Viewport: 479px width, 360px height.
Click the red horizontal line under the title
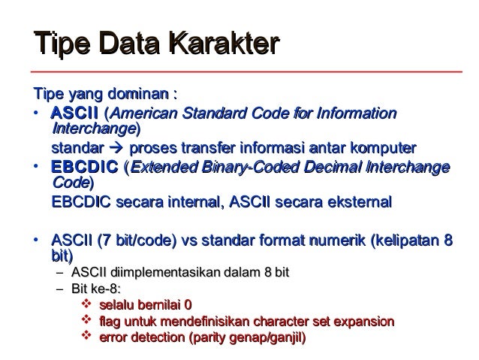[246, 72]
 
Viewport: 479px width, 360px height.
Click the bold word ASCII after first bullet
[75, 113]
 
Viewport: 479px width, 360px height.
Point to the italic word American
[144, 113]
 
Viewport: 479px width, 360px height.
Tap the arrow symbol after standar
[116, 148]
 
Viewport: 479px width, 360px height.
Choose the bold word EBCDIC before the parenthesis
[85, 167]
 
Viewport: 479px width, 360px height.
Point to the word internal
[194, 202]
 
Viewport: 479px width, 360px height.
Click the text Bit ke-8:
[96, 289]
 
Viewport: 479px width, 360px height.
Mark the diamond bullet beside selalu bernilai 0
[86, 304]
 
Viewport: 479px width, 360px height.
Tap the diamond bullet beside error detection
[86, 335]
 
